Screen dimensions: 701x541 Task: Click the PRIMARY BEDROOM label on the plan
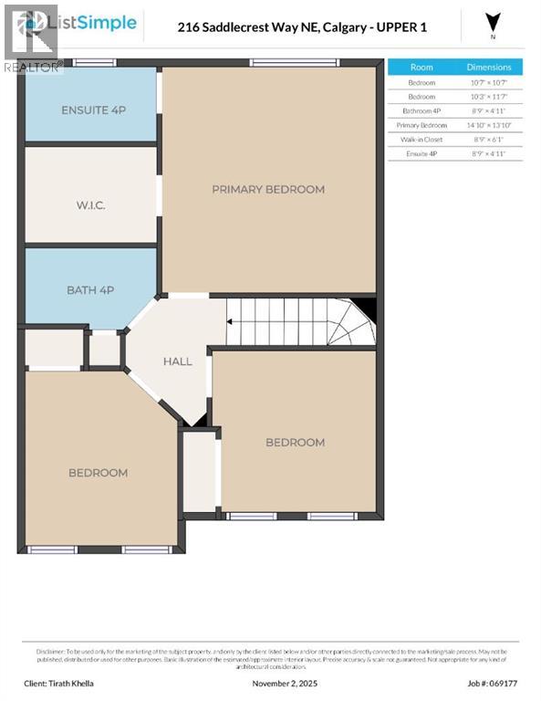coord(268,189)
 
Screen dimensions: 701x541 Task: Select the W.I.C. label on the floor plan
coord(90,205)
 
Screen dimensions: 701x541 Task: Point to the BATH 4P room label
coord(90,290)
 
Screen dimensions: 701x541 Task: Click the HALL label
coord(177,361)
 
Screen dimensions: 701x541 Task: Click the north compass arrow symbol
coord(494,22)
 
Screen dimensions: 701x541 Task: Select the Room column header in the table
coord(421,68)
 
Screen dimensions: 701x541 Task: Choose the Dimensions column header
coord(489,68)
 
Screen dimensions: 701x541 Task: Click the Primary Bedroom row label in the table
coord(421,125)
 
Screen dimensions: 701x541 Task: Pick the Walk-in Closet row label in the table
coord(421,140)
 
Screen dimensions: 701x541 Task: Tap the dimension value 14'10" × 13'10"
coord(489,125)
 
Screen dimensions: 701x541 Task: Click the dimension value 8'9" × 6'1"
coord(489,140)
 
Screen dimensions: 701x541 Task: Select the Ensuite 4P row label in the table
coord(421,154)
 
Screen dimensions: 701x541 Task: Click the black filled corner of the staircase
coord(366,309)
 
